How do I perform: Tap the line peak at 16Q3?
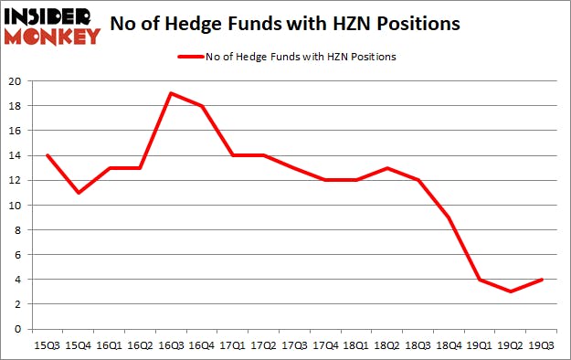tap(170, 93)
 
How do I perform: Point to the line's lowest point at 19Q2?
tap(512, 291)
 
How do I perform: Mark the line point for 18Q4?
tap(449, 217)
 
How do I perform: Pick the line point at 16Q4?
tap(201, 106)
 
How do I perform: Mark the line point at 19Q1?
tap(481, 280)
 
